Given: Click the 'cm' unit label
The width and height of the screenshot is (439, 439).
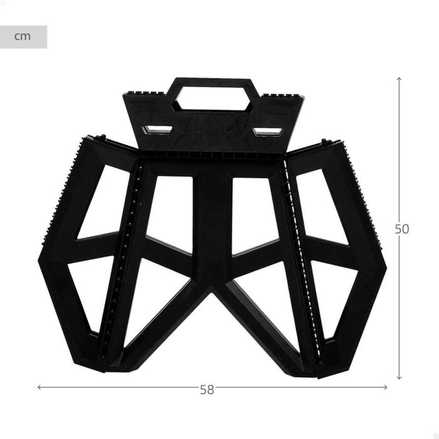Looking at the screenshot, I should [23, 36].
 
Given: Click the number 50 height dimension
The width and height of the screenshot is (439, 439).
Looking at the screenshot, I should [401, 229].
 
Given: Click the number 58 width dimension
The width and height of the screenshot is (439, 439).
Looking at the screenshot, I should [206, 389].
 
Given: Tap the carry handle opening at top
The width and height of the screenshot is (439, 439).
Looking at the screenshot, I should [213, 97].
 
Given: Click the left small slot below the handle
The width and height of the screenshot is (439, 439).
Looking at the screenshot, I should [157, 130].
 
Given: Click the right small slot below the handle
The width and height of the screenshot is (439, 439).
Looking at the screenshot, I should [268, 132].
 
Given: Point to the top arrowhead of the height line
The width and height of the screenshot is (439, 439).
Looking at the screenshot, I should [399, 79].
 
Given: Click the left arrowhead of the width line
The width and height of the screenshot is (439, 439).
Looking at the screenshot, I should [40, 387].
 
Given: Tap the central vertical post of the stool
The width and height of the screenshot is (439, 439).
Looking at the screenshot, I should [213, 226].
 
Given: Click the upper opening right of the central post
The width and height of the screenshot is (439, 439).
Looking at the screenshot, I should [254, 213].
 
